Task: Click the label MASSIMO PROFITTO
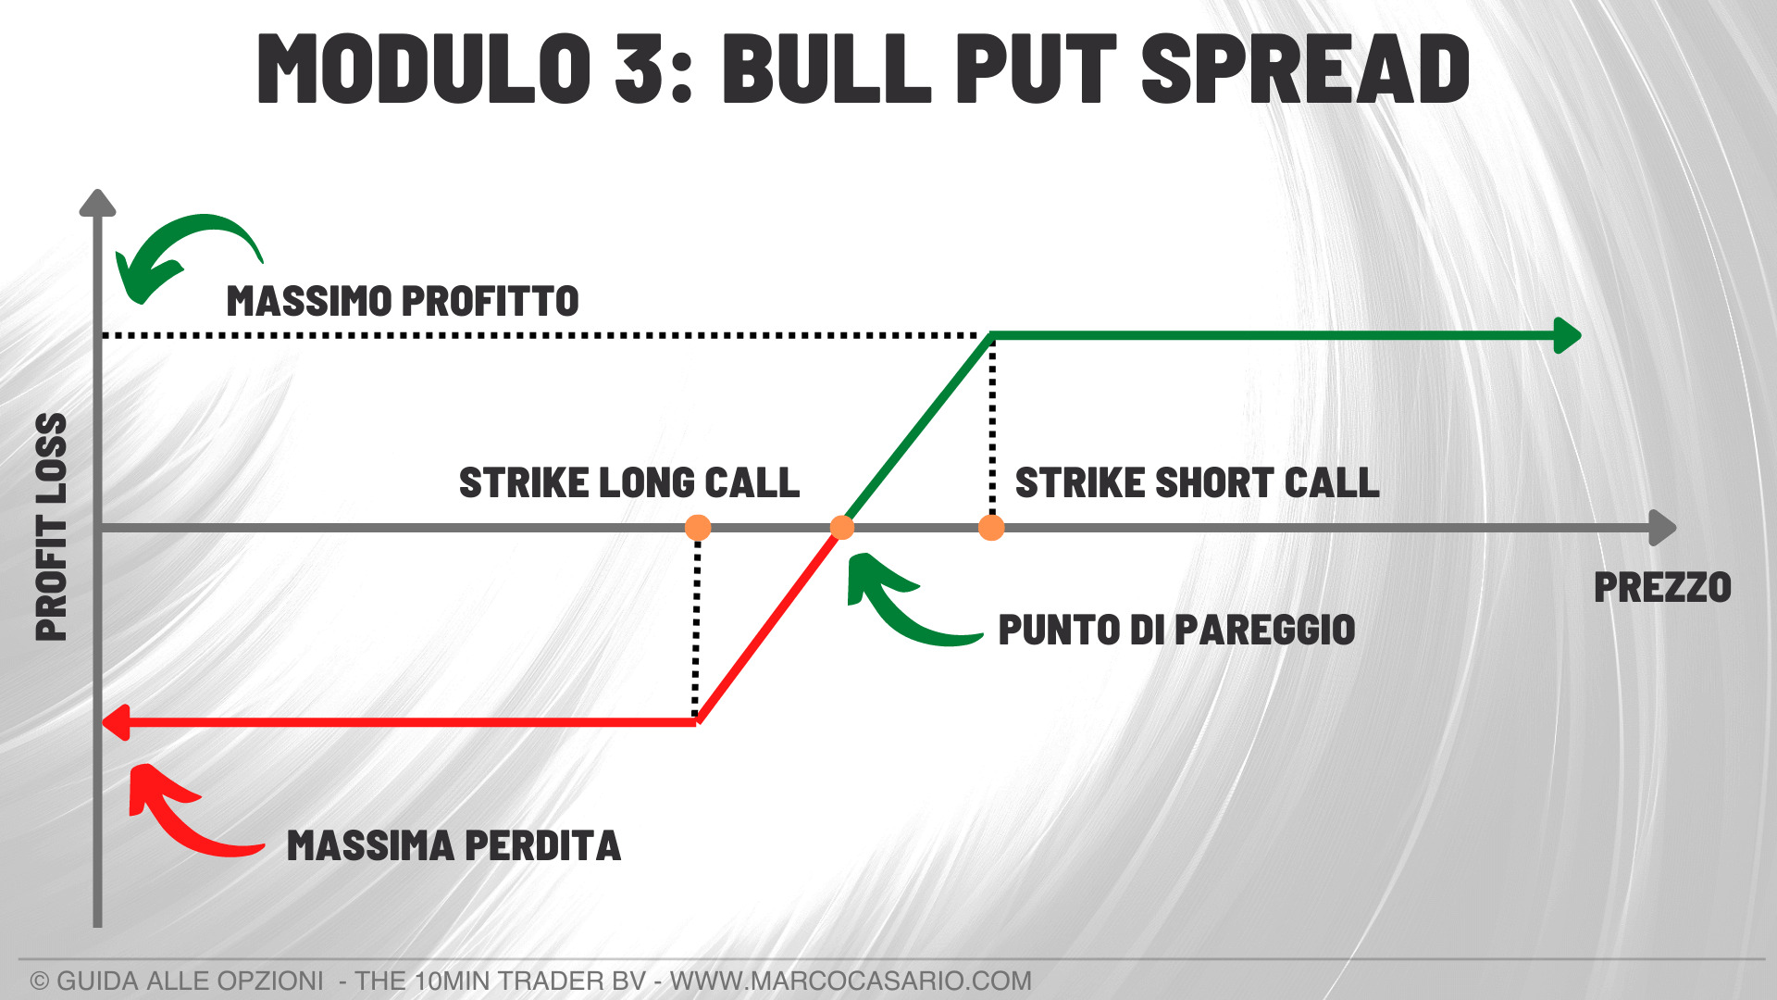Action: coord(403,302)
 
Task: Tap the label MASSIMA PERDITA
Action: coord(454,845)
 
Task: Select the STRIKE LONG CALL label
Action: coord(629,482)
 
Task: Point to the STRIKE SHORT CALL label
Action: coord(1198,482)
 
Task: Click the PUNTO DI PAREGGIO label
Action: coord(1176,630)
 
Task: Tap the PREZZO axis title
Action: coord(1662,588)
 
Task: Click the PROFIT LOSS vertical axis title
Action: coord(52,527)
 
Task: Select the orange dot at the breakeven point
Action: coord(842,528)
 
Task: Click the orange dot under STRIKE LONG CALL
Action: coord(698,528)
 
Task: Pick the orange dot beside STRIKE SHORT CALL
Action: coord(991,528)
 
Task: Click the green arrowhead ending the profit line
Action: coord(1568,335)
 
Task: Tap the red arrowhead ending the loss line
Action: coord(115,722)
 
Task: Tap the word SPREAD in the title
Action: coord(1306,68)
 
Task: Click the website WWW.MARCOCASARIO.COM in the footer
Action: coord(851,981)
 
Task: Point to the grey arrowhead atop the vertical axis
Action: coord(97,203)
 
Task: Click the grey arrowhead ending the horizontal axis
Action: coord(1663,528)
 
